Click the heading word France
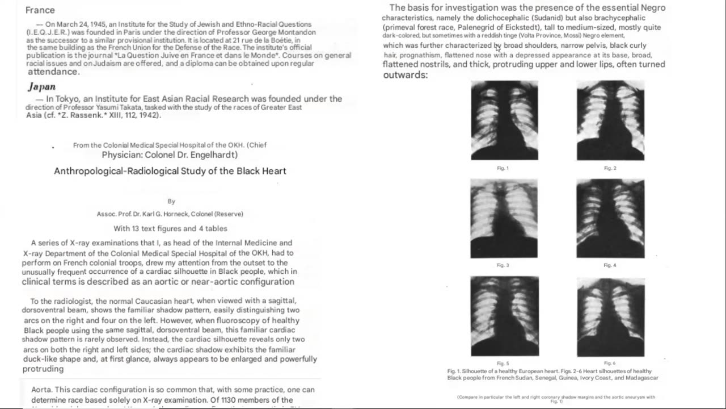(x=40, y=10)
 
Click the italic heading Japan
(x=42, y=87)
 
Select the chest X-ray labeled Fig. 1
(x=504, y=120)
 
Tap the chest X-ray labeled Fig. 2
(x=610, y=120)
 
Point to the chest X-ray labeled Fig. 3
(x=504, y=219)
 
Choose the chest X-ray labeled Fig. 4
(x=610, y=219)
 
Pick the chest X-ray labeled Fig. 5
(x=504, y=316)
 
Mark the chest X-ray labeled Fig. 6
(x=610, y=316)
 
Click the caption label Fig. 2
(x=610, y=168)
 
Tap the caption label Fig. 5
(x=503, y=364)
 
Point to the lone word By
(x=171, y=201)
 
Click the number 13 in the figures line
(x=136, y=229)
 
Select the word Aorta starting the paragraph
(x=42, y=390)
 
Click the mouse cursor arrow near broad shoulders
(x=497, y=47)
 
